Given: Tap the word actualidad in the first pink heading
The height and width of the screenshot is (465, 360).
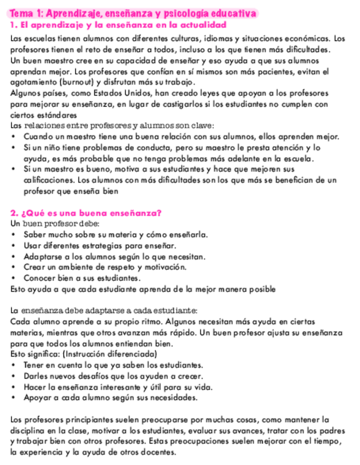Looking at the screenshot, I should (x=198, y=26).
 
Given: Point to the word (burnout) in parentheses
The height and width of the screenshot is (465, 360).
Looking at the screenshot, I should (x=65, y=82).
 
